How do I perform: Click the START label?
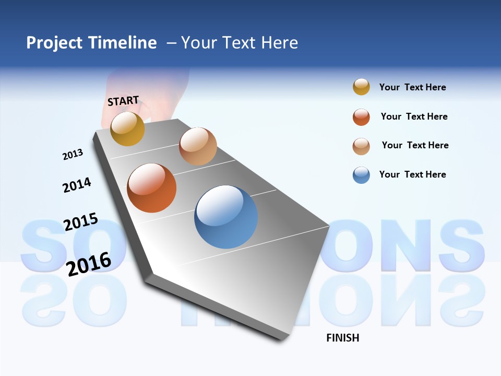[x=123, y=101]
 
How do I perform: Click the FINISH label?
[x=342, y=338]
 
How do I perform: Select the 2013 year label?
[x=73, y=155]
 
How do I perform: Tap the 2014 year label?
[x=77, y=185]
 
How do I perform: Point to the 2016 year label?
[x=89, y=264]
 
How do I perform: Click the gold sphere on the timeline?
[x=127, y=128]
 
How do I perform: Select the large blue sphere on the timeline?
[x=226, y=216]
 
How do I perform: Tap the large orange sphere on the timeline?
[x=151, y=188]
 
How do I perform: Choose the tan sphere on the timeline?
[x=198, y=146]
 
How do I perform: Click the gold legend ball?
[x=361, y=87]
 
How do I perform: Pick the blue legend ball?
[x=361, y=175]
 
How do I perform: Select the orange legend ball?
[x=361, y=117]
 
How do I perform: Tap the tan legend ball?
[x=361, y=146]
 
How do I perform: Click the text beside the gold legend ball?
[x=412, y=88]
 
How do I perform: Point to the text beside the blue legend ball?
[x=412, y=174]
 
